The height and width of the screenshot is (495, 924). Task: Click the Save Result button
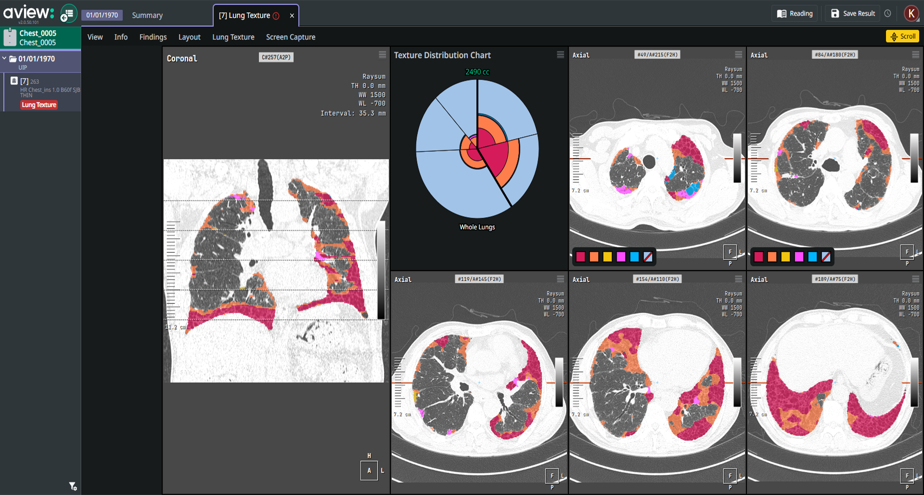point(853,13)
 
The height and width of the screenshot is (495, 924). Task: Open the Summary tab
point(147,15)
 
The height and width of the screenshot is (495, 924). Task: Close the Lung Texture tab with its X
point(292,15)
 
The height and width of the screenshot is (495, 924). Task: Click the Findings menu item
point(153,37)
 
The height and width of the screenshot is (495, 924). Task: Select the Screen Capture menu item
point(291,37)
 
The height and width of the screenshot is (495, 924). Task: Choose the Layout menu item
point(189,37)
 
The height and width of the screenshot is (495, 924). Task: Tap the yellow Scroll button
point(902,36)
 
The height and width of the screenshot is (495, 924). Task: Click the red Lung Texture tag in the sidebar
point(39,105)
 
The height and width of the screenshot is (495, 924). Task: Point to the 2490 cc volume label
point(477,72)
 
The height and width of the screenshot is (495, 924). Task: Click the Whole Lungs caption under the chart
point(477,227)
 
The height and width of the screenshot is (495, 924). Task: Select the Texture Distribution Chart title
point(442,55)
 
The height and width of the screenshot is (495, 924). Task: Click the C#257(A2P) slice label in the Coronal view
point(276,57)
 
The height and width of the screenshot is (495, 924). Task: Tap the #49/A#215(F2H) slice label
point(657,55)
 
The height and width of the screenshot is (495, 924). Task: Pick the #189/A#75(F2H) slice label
point(835,279)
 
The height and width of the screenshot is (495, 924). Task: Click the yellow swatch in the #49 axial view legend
point(607,257)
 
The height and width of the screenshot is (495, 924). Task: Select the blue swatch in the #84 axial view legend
point(812,257)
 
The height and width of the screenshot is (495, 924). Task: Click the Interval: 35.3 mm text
point(353,113)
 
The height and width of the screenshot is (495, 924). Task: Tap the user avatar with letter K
point(911,13)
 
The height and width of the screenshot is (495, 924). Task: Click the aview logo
point(28,13)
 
